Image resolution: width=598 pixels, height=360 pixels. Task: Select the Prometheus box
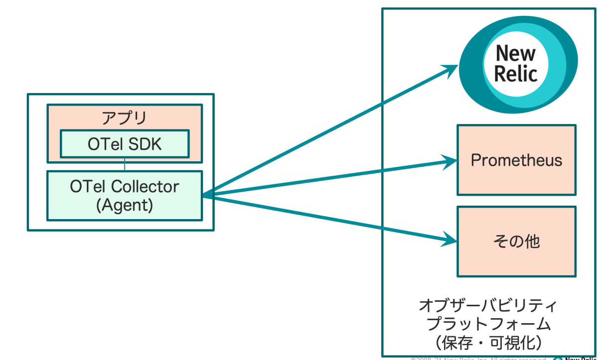coord(516,160)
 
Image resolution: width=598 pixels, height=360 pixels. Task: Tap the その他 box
coord(516,241)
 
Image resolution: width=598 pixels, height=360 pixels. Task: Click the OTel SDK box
coord(125,144)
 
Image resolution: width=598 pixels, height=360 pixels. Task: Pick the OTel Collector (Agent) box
coord(125,196)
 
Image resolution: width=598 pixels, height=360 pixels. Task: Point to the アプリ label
coord(125,118)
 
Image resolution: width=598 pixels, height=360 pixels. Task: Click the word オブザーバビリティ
coord(488,305)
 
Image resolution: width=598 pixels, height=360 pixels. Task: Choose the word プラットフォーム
coord(488,324)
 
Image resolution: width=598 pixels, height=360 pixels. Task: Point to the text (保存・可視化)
coord(488,343)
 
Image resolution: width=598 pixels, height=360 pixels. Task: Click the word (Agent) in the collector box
coord(124,205)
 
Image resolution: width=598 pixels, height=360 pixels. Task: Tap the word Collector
coord(146,187)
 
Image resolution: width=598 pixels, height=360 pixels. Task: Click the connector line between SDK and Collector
coord(125,166)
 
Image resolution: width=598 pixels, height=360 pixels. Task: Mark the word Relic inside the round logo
coord(516,74)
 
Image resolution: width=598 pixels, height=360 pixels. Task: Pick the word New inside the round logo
coord(516,53)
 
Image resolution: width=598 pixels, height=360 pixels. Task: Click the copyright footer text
coord(478,358)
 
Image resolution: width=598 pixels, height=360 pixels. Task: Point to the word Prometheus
coord(516,160)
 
